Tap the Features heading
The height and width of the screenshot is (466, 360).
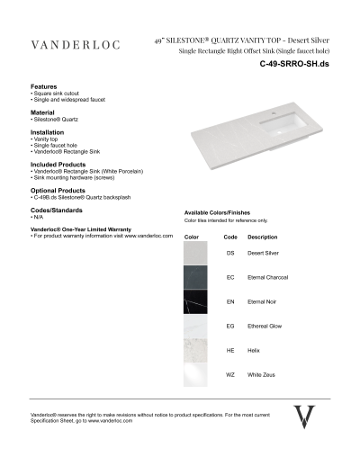point(44,87)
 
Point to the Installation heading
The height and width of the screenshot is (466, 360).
point(48,132)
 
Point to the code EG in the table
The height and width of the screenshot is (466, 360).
point(230,326)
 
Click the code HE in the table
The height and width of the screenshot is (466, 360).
point(230,349)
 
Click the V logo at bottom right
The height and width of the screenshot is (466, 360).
point(306,417)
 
